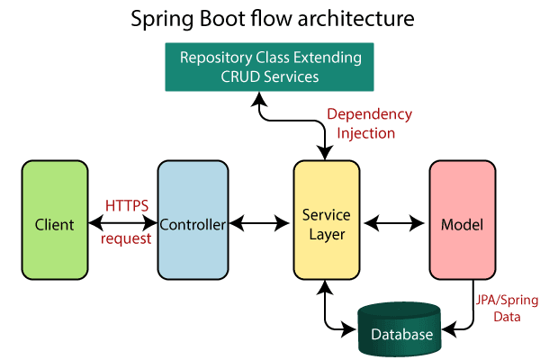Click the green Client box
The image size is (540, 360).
(54, 220)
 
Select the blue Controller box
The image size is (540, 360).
(191, 220)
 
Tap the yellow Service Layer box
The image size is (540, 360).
(326, 220)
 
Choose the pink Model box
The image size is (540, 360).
(462, 220)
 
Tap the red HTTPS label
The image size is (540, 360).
(123, 206)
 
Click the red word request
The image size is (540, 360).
(123, 239)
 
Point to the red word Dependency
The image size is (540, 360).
(369, 115)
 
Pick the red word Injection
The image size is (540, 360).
(365, 133)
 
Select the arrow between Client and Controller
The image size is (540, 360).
(123, 222)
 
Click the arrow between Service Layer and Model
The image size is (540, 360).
(393, 221)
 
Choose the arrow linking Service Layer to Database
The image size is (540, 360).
(328, 310)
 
